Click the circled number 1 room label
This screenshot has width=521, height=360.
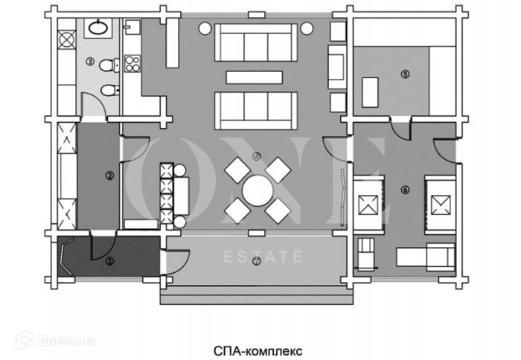(110, 261)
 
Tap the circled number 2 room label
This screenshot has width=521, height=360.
(110, 176)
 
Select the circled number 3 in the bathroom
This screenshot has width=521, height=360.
(90, 62)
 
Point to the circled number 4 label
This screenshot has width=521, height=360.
(257, 156)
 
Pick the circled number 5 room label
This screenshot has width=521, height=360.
(405, 74)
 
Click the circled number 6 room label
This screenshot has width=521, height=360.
(405, 189)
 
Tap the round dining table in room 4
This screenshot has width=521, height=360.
(258, 190)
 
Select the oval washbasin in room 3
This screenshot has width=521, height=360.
(98, 29)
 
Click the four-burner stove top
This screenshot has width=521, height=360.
(133, 62)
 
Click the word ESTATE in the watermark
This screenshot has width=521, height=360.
(263, 258)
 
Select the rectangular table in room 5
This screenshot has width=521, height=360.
(371, 91)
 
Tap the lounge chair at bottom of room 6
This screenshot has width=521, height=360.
(423, 257)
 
